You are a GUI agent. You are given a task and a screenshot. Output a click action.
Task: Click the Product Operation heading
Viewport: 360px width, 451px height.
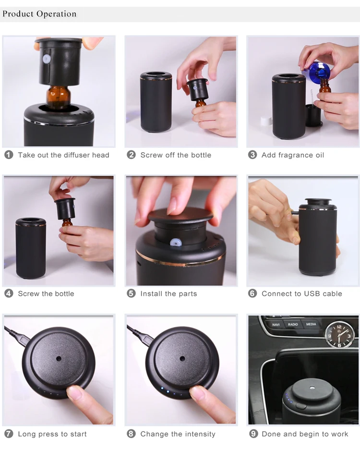coord(39,13)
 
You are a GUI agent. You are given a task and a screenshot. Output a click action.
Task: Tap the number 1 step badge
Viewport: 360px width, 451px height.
coord(9,155)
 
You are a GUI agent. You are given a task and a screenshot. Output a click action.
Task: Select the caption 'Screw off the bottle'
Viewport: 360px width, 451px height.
coord(176,155)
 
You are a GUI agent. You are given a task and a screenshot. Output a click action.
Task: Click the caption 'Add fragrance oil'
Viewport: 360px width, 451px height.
coord(293,155)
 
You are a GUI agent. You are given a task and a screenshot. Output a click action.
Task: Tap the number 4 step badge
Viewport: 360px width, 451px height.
coord(9,293)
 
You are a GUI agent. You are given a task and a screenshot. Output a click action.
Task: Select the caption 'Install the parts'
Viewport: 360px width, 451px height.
coord(168,293)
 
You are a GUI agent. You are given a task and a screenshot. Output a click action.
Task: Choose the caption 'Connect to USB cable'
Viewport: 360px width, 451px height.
coord(302,293)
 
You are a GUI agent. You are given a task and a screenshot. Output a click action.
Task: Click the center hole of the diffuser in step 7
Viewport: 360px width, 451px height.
coord(59,358)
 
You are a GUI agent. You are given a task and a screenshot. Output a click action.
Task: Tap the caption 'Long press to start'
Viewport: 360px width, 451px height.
coord(52,434)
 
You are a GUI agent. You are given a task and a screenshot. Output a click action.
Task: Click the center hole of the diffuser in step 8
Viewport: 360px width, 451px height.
coord(182,358)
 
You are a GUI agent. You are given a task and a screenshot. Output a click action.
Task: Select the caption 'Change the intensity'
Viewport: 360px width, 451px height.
coord(178,434)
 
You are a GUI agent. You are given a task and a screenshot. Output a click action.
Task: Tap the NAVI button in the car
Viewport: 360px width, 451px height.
coord(276,325)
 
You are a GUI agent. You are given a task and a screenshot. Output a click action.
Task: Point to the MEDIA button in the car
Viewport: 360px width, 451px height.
coord(311,325)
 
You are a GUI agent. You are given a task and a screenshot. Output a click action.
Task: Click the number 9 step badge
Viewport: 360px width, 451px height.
coord(253,434)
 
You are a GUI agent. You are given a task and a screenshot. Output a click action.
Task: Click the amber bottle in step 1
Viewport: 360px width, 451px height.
coord(58,96)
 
